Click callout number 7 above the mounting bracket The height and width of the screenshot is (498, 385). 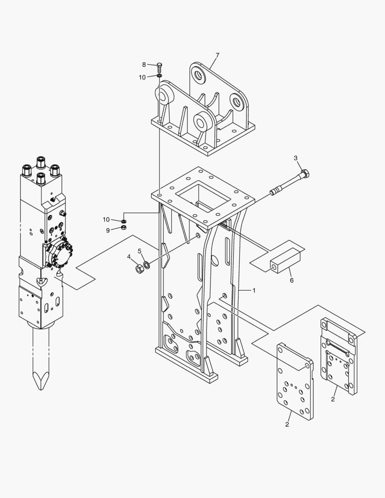tap(217, 55)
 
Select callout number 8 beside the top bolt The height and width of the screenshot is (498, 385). tap(144, 65)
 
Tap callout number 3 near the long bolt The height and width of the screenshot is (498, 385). tap(296, 158)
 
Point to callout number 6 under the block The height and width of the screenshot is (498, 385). tap(291, 280)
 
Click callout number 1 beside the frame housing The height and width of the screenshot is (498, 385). tap(254, 290)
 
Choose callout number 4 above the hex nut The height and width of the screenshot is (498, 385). tap(129, 257)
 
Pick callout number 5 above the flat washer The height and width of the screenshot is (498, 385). tap(139, 252)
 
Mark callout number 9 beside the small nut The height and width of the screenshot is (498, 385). tap(108, 230)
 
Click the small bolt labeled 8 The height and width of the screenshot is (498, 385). tap(160, 66)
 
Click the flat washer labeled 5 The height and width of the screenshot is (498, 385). tap(147, 265)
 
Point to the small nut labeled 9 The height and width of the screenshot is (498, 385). tap(124, 227)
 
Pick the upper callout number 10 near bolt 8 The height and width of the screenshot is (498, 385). tap(142, 77)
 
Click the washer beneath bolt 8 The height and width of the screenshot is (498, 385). tap(160, 76)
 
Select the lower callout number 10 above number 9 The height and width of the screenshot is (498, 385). tap(107, 219)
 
